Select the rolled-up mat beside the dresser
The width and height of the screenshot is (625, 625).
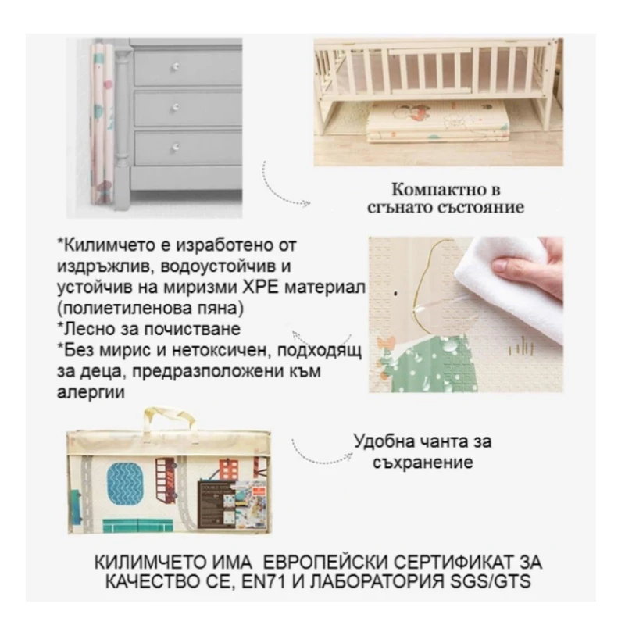105,129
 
